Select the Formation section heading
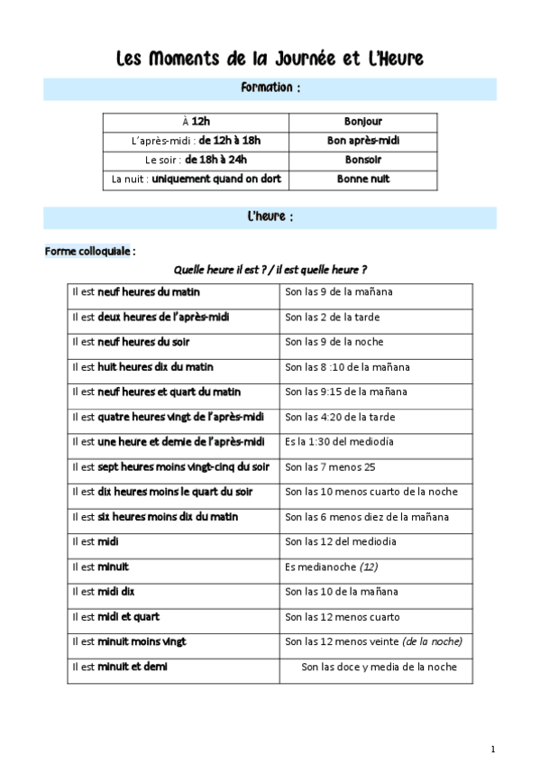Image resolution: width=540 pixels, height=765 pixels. click(270, 88)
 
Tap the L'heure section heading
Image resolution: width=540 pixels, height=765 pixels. click(270, 217)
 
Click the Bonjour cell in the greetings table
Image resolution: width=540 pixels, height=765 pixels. click(362, 122)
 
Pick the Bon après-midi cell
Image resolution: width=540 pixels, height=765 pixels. click(362, 141)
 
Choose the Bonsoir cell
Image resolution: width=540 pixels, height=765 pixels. click(362, 160)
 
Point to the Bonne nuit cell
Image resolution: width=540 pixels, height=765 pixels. click(362, 180)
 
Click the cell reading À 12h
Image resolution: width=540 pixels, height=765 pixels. click(196, 122)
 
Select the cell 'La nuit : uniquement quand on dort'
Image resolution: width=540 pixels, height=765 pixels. click(196, 180)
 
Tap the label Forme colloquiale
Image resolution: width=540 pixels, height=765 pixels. click(89, 251)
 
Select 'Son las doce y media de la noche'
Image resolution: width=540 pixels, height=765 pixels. click(379, 668)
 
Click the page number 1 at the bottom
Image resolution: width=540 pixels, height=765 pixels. click(493, 749)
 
